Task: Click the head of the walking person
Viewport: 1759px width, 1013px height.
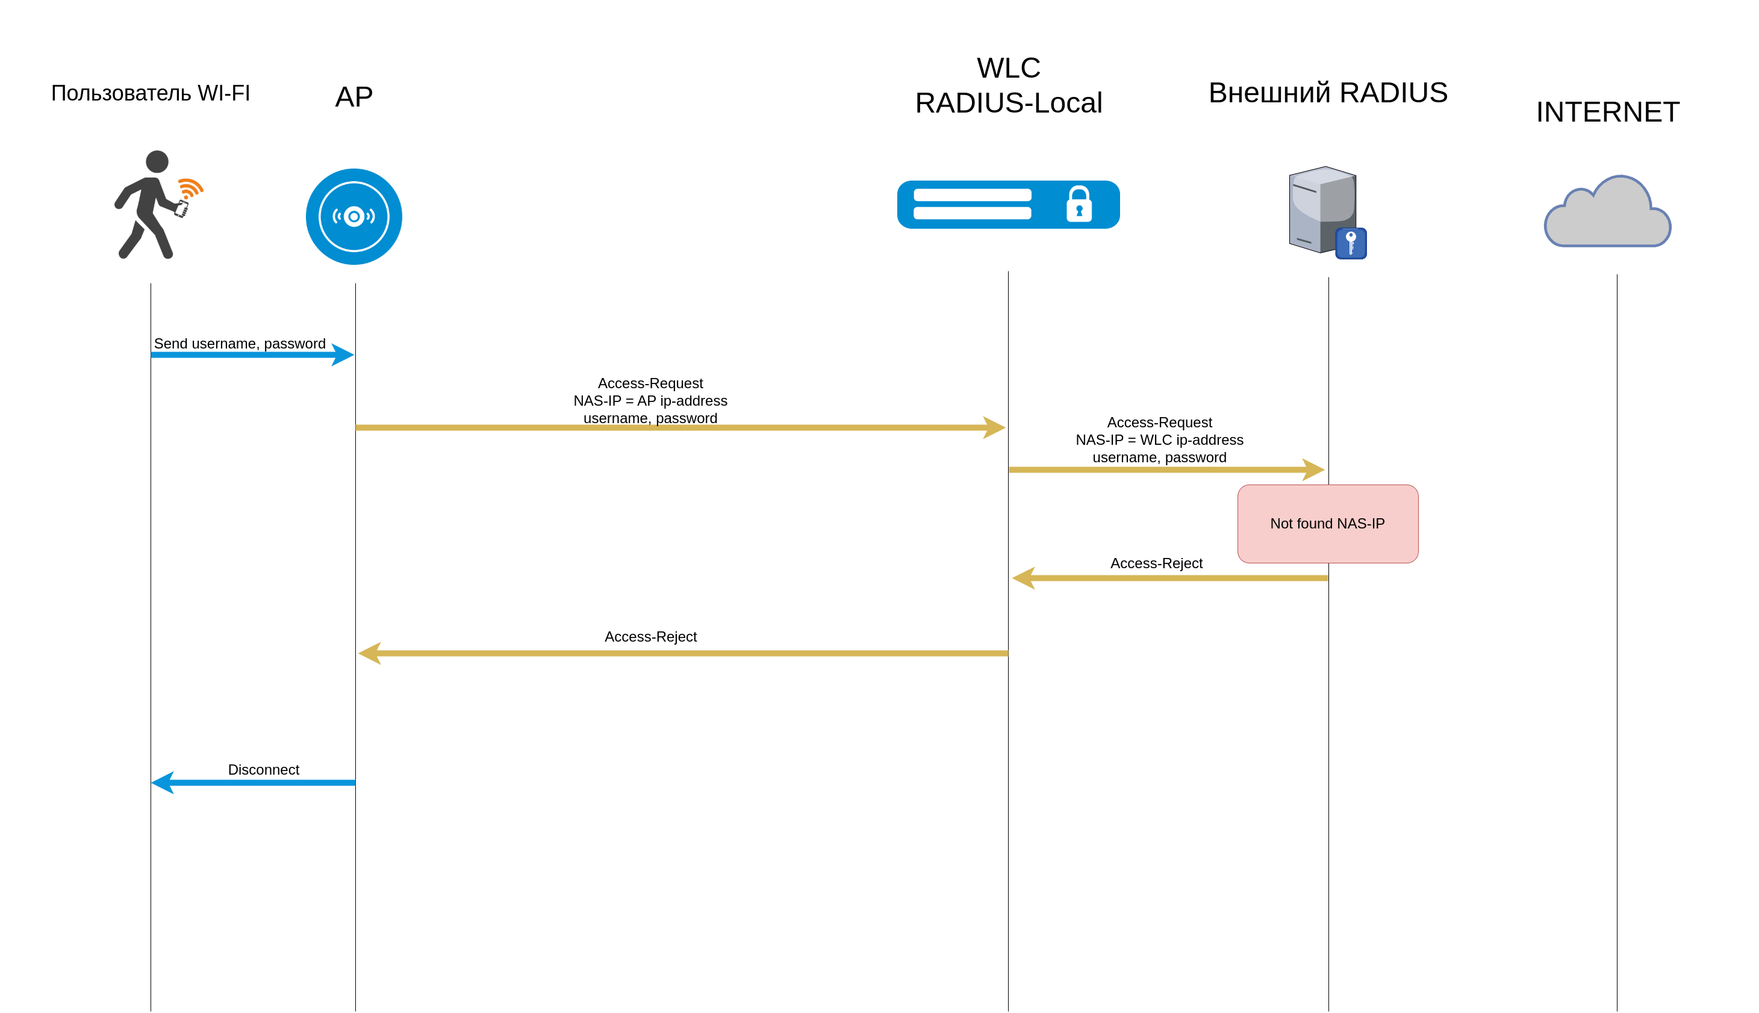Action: tap(157, 161)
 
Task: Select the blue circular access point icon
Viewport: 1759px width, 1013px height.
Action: tap(353, 216)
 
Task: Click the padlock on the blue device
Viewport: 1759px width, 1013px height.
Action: tap(1079, 205)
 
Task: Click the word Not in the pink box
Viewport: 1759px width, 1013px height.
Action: tap(1281, 524)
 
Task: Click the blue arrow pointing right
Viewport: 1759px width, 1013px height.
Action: tap(251, 355)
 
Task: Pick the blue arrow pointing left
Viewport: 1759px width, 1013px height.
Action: tap(254, 782)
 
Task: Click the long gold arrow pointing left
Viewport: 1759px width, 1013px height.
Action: tap(682, 653)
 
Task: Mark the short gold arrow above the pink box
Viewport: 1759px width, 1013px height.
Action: tap(1166, 469)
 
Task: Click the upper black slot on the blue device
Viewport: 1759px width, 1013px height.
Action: tap(972, 195)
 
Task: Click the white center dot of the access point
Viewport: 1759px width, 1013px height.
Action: tap(353, 216)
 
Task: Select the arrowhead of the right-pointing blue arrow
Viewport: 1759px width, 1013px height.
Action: tap(343, 355)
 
